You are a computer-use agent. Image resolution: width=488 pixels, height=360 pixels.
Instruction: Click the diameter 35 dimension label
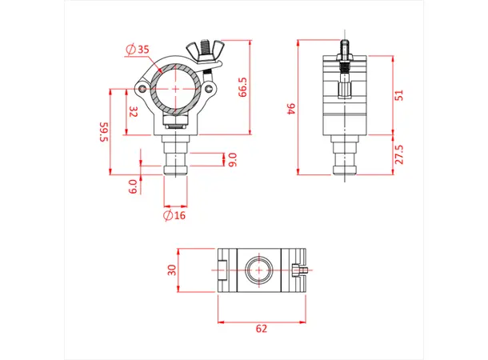[138, 50]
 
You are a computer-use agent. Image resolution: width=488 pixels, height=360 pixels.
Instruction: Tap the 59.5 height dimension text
[103, 132]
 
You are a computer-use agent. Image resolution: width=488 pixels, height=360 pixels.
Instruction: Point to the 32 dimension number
[134, 112]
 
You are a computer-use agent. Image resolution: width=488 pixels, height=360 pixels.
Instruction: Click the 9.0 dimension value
[233, 160]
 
